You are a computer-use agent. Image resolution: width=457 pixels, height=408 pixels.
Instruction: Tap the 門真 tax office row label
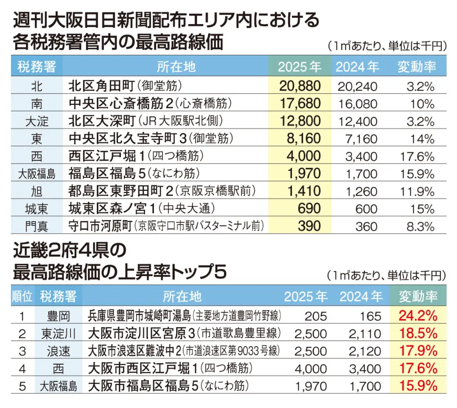point(37,226)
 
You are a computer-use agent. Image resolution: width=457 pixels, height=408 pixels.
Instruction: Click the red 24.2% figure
point(418,316)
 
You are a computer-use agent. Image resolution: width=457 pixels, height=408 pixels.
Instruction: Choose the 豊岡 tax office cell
point(58,316)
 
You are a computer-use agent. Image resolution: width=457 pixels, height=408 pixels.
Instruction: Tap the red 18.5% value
point(418,334)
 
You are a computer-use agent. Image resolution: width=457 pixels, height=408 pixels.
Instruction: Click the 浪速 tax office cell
point(58,351)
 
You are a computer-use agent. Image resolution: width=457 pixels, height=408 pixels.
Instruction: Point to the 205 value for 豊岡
point(316,317)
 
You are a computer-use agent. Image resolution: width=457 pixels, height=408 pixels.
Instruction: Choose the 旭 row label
point(37,191)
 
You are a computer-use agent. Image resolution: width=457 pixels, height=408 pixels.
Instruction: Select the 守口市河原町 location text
point(100,226)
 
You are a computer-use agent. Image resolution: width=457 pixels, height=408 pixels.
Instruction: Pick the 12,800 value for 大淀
point(300,121)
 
